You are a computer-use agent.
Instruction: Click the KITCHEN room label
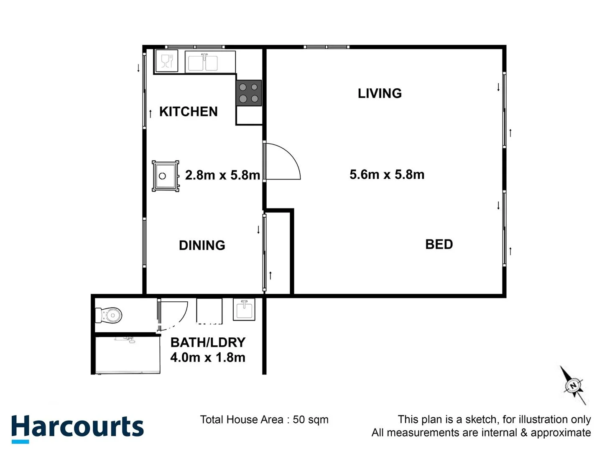[x=188, y=112]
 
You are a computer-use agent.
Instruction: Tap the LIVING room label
[x=380, y=93]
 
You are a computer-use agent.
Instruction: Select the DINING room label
[x=202, y=245]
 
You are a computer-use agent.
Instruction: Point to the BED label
[x=439, y=244]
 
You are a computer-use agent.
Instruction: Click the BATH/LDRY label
[x=208, y=342]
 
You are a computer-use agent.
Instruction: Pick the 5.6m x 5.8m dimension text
[x=387, y=175]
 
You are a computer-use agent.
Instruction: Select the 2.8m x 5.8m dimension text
[x=222, y=175]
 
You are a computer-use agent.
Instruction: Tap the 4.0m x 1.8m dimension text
[x=208, y=357]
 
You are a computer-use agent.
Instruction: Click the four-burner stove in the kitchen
[x=248, y=93]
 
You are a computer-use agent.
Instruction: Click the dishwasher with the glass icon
[x=167, y=61]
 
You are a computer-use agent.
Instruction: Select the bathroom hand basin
[x=244, y=310]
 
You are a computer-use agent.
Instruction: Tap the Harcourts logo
[x=77, y=428]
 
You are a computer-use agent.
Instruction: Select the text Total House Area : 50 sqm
[x=264, y=420]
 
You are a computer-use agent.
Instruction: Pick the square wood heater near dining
[x=165, y=176]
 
